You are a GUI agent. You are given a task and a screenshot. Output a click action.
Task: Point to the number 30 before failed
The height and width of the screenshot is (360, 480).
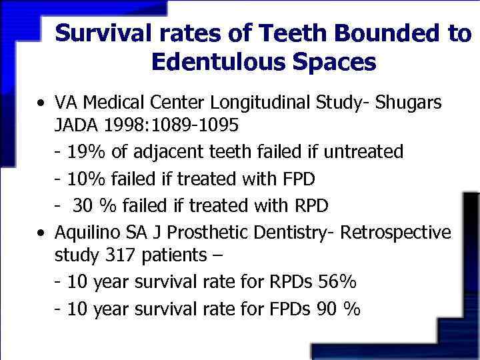click(x=83, y=206)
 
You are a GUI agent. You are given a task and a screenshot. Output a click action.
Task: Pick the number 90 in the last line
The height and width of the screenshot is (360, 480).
click(x=331, y=309)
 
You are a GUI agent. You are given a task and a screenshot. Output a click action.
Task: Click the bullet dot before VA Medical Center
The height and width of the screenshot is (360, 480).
click(x=42, y=105)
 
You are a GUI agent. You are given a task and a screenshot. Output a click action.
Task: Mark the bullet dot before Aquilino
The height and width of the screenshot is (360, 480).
click(x=42, y=234)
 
